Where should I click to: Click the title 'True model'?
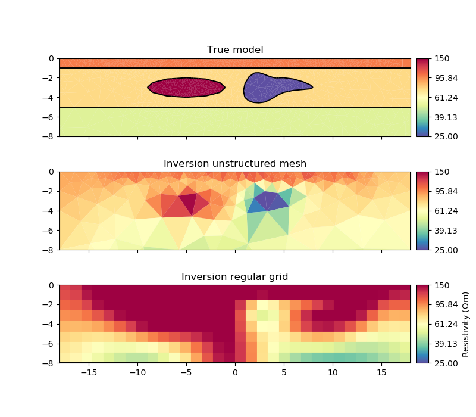click(x=235, y=50)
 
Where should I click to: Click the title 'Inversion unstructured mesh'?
click(x=235, y=163)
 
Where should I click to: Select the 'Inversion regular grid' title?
click(x=235, y=276)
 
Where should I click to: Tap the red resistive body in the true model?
click(x=186, y=87)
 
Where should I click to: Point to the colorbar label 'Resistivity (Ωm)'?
click(x=466, y=323)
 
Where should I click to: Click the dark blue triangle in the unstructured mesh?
click(x=257, y=205)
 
